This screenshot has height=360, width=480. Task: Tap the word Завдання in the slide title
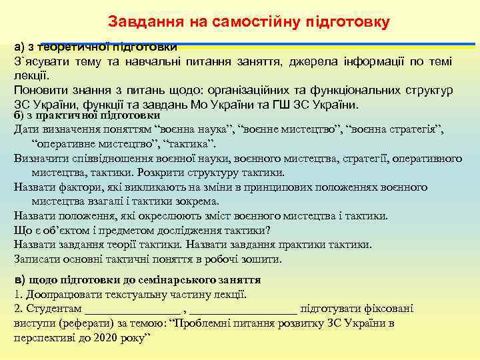[x=140, y=22]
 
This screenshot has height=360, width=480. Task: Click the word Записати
[x=37, y=259]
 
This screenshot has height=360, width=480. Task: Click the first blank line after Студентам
[x=133, y=309]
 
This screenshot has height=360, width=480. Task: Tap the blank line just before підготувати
[x=243, y=309]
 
